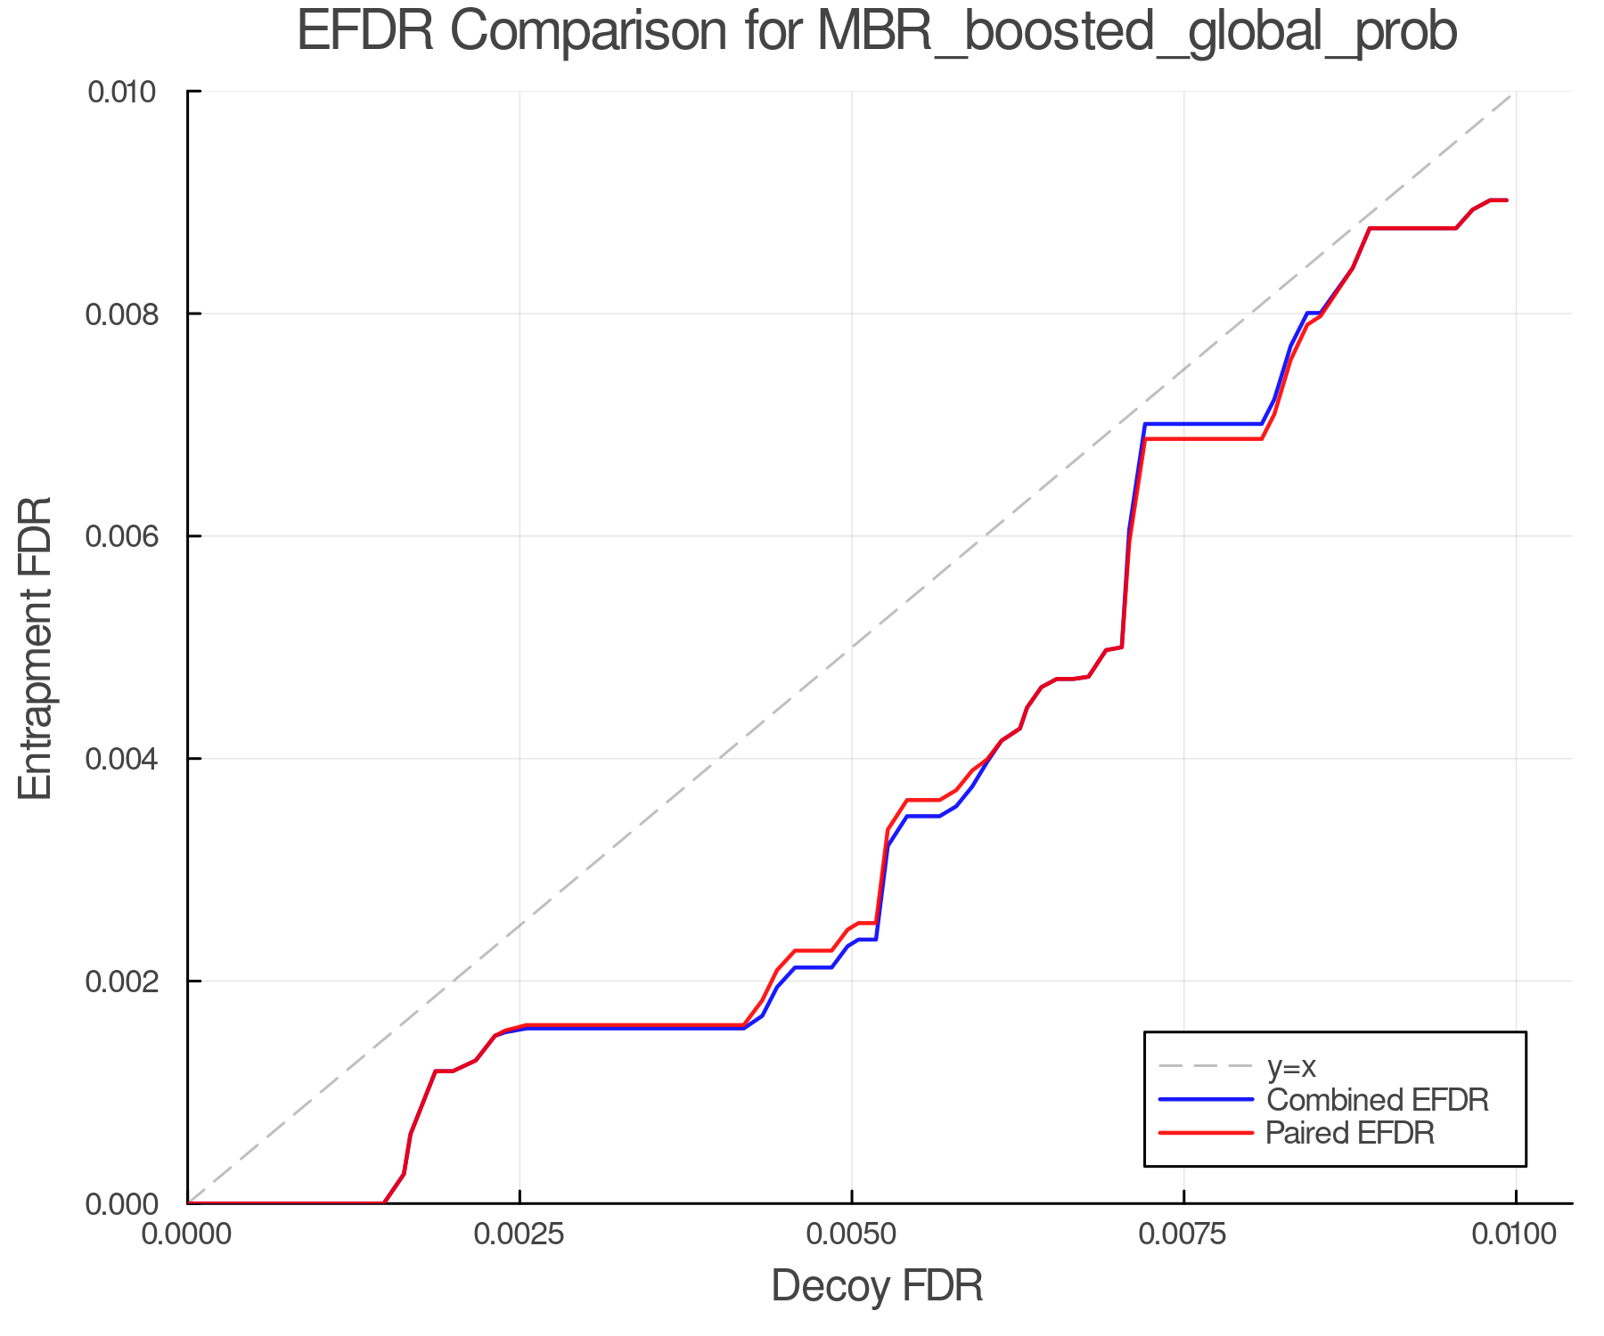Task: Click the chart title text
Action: click(x=877, y=32)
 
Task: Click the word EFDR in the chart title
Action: click(x=365, y=32)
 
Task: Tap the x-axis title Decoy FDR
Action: click(x=877, y=1286)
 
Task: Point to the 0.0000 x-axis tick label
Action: click(x=188, y=1234)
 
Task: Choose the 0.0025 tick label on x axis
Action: click(x=520, y=1234)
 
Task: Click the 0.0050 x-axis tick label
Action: click(x=852, y=1234)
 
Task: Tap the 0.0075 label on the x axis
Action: click(x=1184, y=1234)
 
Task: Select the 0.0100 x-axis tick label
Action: click(x=1516, y=1234)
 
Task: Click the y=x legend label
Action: click(x=1291, y=1066)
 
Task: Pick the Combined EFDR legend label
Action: click(x=1377, y=1100)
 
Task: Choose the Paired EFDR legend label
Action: click(x=1350, y=1133)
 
